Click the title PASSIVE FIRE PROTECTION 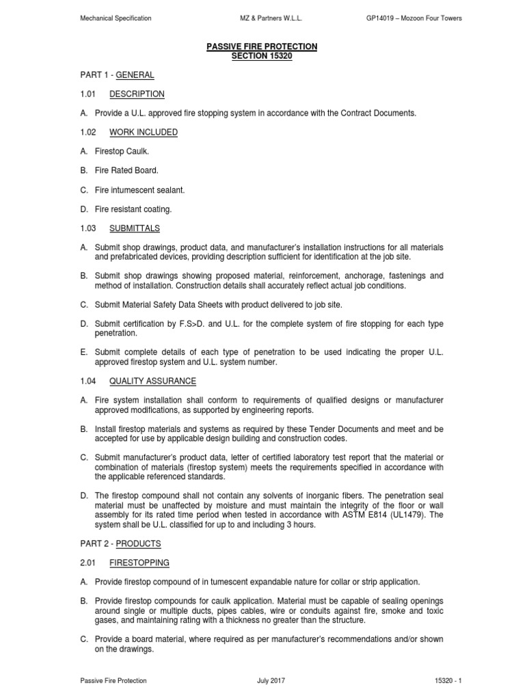tap(262, 46)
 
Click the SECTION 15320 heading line tap(262, 56)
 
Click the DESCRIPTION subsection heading tap(137, 94)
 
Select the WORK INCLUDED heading tap(144, 132)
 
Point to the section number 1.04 tap(90, 381)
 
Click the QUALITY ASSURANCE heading tap(152, 381)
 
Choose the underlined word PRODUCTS tap(138, 543)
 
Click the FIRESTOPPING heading tap(139, 563)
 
